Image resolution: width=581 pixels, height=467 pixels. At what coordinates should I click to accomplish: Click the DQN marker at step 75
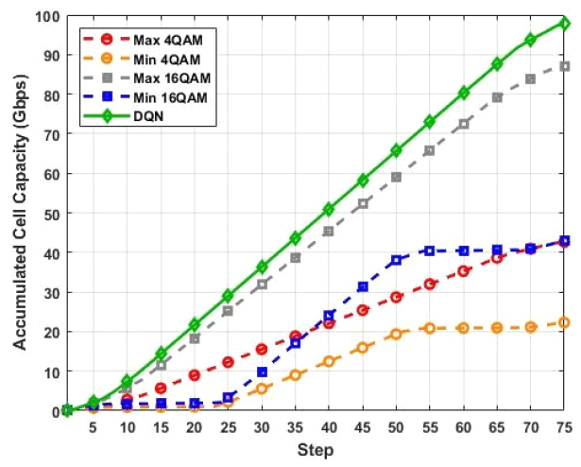tap(564, 24)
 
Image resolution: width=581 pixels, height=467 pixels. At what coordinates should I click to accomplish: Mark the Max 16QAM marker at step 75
tap(564, 66)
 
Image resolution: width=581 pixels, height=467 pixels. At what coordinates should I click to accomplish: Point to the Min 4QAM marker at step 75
tap(564, 322)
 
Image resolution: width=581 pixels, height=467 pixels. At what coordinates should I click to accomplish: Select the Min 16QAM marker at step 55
tap(429, 251)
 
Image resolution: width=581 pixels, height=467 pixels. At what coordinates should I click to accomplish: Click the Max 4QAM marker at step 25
tap(228, 362)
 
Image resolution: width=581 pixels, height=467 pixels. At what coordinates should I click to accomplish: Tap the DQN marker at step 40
tap(329, 209)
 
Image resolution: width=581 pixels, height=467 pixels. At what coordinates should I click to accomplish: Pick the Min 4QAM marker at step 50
tap(396, 335)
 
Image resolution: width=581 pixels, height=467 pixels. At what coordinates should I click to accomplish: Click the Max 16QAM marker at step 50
tap(396, 177)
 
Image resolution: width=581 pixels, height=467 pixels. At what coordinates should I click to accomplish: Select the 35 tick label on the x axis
tap(295, 428)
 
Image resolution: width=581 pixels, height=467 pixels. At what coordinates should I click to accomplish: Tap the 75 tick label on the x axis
tap(564, 428)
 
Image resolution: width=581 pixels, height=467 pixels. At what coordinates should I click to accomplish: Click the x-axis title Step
tap(316, 451)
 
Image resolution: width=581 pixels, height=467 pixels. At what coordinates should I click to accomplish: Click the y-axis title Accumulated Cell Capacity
tap(20, 214)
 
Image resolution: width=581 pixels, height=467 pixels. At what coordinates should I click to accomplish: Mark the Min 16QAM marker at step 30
tap(262, 372)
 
